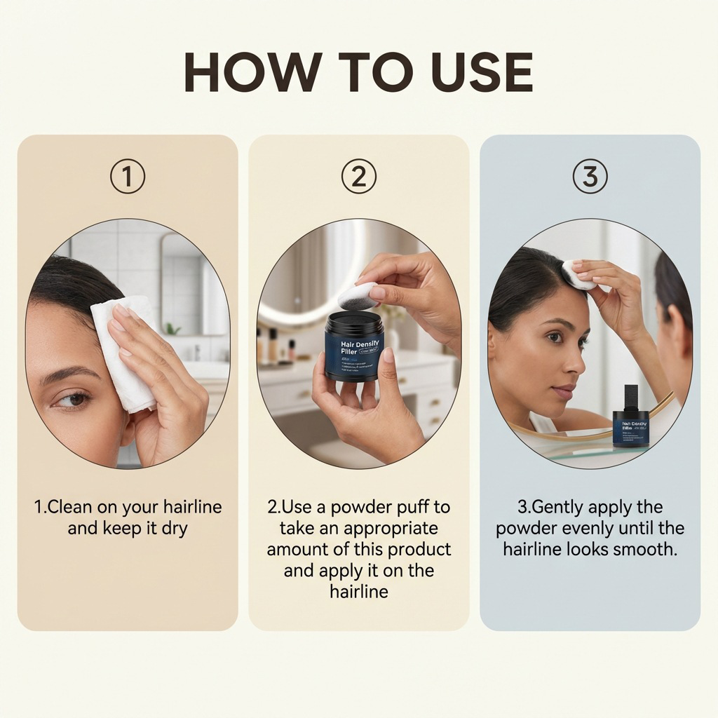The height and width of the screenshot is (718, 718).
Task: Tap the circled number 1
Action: (x=128, y=177)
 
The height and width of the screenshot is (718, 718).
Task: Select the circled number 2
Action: (x=358, y=177)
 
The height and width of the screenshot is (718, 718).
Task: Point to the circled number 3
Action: (x=590, y=177)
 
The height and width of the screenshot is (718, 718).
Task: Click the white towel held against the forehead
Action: (x=125, y=351)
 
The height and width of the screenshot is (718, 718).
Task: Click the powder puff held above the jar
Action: (x=358, y=294)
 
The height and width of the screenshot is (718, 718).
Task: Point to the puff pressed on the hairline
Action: (x=579, y=275)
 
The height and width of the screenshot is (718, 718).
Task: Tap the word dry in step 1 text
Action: (x=174, y=528)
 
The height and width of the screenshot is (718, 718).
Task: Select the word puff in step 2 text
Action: (x=416, y=507)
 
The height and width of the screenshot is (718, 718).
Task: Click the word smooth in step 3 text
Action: (x=644, y=549)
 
